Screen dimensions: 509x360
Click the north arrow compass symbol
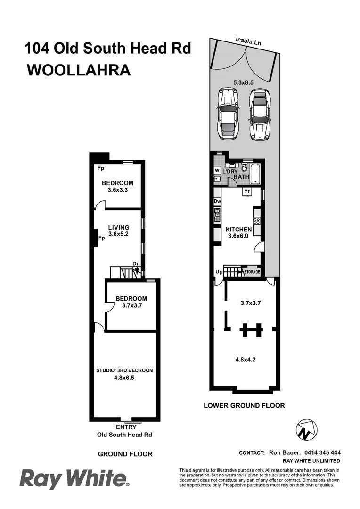click(x=306, y=429)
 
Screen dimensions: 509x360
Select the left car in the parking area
click(x=227, y=114)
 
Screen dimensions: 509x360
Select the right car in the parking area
click(x=259, y=114)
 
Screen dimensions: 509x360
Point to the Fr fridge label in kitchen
click(x=246, y=191)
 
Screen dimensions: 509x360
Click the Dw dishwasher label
click(x=217, y=201)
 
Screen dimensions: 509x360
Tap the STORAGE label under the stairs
click(x=252, y=272)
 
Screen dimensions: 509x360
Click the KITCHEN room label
click(x=238, y=230)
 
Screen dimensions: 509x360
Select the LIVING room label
click(x=118, y=228)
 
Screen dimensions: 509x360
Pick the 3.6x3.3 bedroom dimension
click(x=118, y=191)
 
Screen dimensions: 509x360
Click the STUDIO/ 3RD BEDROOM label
click(x=124, y=370)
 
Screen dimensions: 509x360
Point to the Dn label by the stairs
click(x=136, y=264)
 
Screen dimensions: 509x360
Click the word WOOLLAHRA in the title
click(x=78, y=70)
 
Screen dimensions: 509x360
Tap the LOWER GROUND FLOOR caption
click(x=244, y=405)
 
